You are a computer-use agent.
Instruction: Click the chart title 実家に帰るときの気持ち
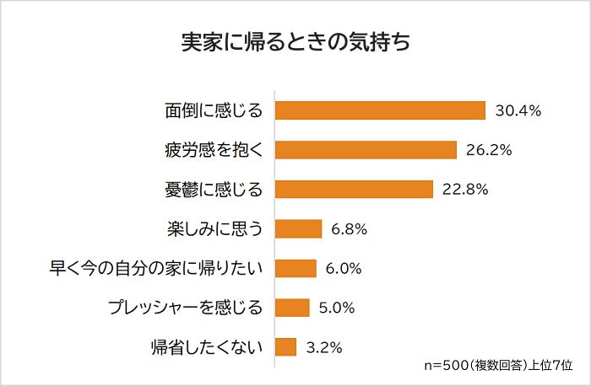[295, 44]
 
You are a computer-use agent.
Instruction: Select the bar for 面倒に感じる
[381, 110]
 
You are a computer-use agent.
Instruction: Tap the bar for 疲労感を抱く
[366, 150]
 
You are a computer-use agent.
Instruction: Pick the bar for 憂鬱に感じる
[355, 189]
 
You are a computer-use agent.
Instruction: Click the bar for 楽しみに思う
[299, 228]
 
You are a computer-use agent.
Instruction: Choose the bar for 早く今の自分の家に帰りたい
[296, 268]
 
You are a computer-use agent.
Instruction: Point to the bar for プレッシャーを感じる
[293, 307]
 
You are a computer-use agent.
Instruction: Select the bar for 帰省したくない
[286, 346]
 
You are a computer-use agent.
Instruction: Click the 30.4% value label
[518, 110]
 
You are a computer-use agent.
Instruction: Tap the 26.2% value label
[489, 150]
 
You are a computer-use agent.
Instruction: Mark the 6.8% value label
[350, 228]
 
